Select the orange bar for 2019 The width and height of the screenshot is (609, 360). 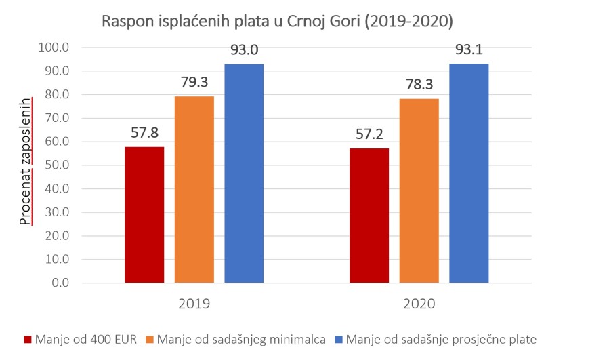click(x=194, y=189)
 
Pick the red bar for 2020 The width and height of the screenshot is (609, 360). click(x=369, y=215)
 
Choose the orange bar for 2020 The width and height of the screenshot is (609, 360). click(x=419, y=191)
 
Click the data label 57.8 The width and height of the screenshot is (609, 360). click(x=144, y=133)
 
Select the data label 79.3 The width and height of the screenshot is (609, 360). click(x=194, y=82)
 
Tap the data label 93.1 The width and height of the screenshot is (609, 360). click(x=469, y=49)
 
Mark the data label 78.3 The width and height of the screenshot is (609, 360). click(x=419, y=84)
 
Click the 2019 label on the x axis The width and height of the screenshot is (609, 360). click(x=194, y=304)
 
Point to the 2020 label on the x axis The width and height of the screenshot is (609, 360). click(x=419, y=304)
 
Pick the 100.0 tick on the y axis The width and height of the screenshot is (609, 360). click(x=56, y=47)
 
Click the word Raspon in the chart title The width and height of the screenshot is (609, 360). click(x=125, y=21)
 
